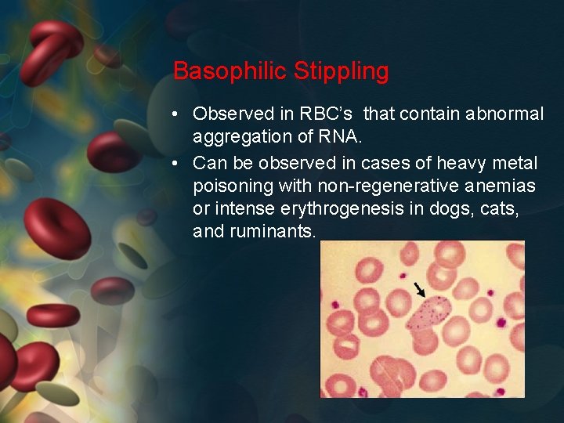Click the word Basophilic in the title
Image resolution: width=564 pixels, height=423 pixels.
[x=230, y=71]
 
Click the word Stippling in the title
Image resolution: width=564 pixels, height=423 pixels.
[x=341, y=71]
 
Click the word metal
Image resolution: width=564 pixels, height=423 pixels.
[x=515, y=163]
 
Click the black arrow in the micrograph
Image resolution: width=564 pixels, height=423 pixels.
[x=420, y=290]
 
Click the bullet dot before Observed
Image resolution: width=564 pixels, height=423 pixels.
[x=178, y=114]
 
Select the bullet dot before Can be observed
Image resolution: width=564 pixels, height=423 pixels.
[x=178, y=164]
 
